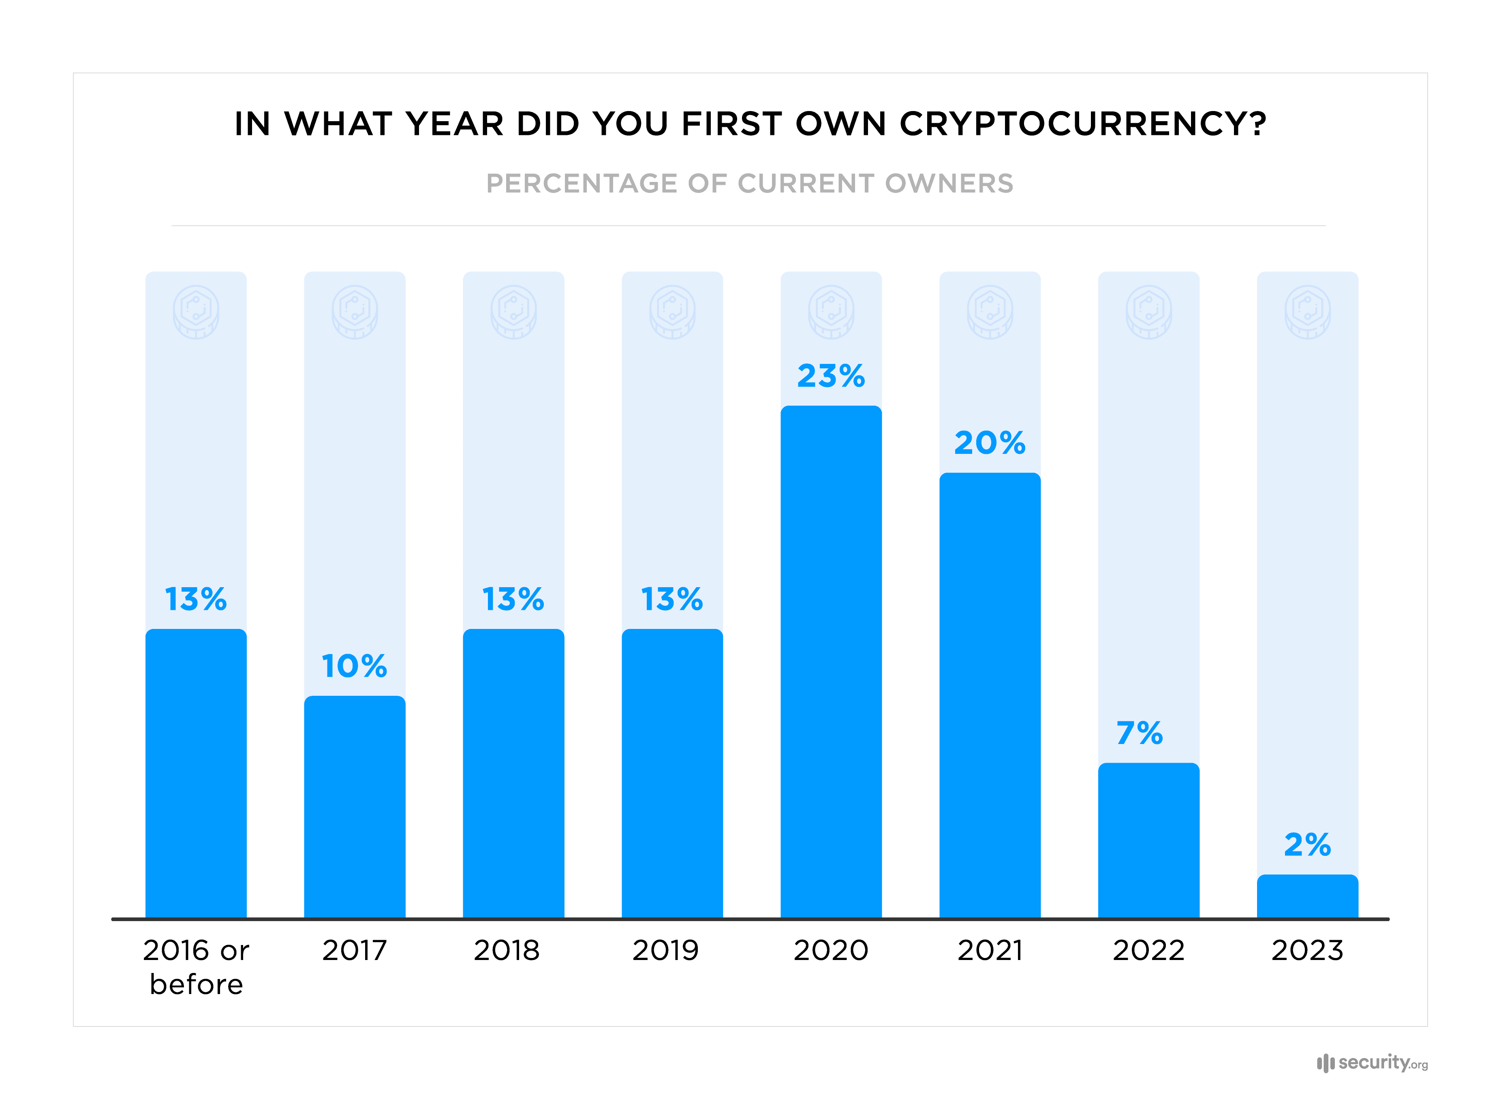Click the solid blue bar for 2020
[x=831, y=662]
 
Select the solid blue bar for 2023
[x=1307, y=897]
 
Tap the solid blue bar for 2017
[x=355, y=807]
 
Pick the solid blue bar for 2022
[x=1148, y=841]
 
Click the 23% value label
[x=831, y=376]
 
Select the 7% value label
[x=1139, y=733]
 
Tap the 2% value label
[x=1307, y=845]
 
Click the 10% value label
[x=355, y=666]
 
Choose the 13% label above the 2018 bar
[x=513, y=599]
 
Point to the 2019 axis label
[x=665, y=950]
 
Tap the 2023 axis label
[x=1307, y=950]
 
